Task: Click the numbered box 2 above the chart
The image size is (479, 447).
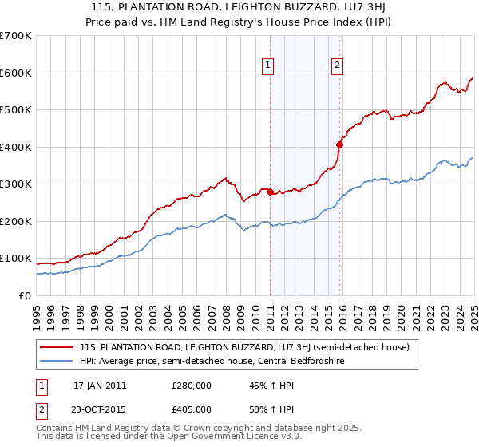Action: click(x=337, y=66)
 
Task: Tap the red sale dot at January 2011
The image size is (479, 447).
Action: click(x=270, y=192)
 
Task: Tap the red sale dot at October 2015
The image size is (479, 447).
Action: click(x=339, y=145)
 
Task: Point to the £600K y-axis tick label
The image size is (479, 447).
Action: click(x=16, y=73)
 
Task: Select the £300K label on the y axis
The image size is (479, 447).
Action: click(x=16, y=184)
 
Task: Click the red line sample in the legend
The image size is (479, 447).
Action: click(x=56, y=347)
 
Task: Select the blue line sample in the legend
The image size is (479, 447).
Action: click(x=56, y=362)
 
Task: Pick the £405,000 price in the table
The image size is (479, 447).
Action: click(x=192, y=409)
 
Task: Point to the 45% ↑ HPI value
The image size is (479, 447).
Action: click(x=261, y=386)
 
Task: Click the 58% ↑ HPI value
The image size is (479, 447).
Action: click(x=261, y=409)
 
